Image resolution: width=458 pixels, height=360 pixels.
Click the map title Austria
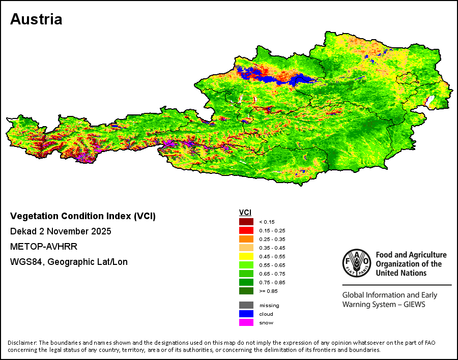36,19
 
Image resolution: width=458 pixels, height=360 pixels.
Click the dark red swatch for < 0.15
246,222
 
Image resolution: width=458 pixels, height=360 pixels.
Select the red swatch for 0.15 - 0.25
246,230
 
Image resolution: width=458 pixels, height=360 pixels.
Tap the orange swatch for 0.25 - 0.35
246,239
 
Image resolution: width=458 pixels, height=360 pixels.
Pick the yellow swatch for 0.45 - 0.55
246,256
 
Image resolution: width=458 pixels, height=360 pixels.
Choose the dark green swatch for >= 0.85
246,291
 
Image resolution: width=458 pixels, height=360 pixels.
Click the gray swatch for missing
246,306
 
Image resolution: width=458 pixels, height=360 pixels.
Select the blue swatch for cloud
246,314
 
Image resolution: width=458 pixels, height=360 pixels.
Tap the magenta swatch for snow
246,323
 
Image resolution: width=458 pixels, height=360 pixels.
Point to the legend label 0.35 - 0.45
272,248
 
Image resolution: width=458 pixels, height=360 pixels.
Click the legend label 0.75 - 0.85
272,282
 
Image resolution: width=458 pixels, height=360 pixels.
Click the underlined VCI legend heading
245,213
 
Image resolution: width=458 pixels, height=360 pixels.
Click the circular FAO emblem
357,263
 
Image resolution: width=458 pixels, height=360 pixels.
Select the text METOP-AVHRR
44,247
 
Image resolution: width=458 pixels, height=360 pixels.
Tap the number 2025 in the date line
101,231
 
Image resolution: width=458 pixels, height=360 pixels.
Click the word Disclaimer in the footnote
22,343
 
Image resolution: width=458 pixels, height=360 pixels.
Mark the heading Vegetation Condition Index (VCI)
83,216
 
